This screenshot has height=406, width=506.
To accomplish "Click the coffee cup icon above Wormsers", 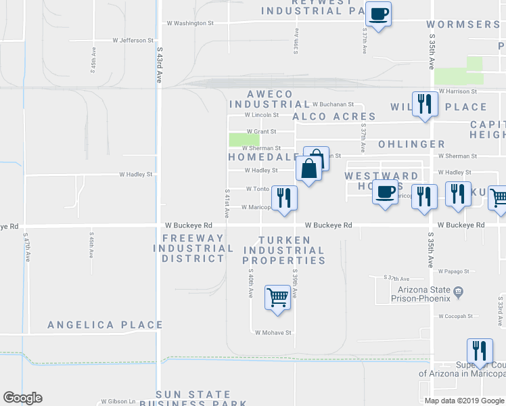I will [379, 14].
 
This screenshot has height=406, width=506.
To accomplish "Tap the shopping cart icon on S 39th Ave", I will [278, 296].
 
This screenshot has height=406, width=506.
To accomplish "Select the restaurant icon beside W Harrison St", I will [424, 104].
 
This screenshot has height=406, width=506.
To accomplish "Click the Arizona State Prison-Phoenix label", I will [420, 293].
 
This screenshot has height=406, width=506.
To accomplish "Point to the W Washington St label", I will [190, 23].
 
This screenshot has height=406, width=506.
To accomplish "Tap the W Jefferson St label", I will [133, 41].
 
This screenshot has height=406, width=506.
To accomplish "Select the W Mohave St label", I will [273, 332].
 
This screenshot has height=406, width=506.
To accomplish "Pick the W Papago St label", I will [453, 271].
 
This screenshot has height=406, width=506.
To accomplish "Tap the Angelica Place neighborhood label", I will [105, 325].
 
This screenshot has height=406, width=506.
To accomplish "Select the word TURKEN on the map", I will [285, 240].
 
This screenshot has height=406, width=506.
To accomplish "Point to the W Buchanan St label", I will [333, 104].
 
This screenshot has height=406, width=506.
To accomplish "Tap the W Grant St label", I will [261, 131].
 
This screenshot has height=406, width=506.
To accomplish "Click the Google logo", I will [22, 398].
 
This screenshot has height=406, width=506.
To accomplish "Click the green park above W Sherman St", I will [244, 140].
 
